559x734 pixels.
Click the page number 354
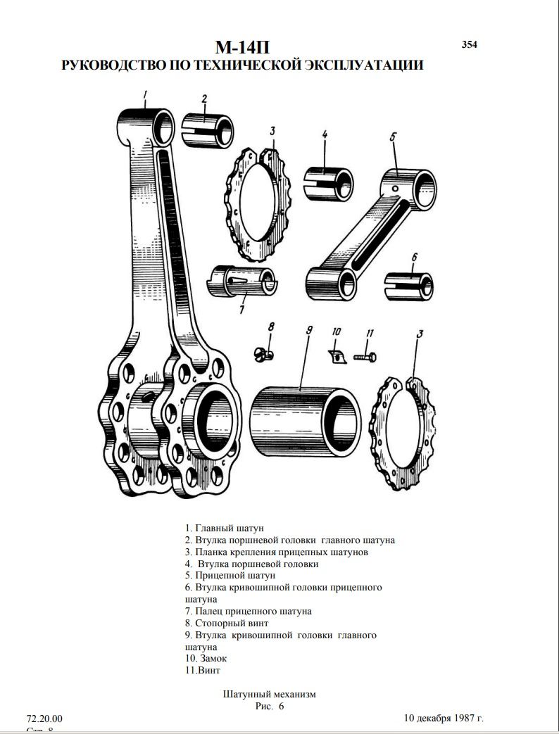point(469,44)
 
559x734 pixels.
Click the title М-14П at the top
point(243,47)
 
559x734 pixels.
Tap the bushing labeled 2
point(207,130)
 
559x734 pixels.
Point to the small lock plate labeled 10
point(338,356)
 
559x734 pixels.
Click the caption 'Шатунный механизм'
point(269,694)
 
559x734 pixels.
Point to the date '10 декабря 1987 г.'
point(444,719)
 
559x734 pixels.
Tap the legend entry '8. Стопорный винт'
point(227,624)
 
